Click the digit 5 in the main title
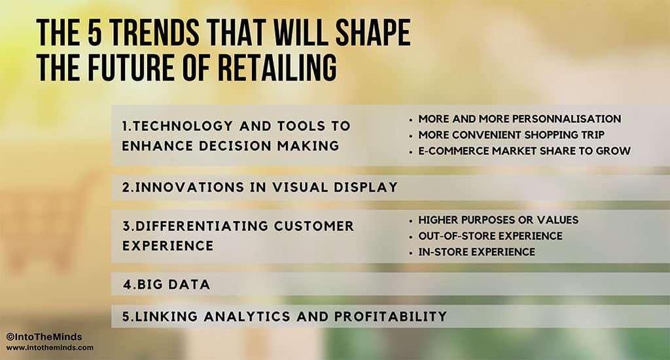(x=95, y=32)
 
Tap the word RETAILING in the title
(x=277, y=67)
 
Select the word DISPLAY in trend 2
(x=366, y=187)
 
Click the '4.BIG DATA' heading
(x=167, y=284)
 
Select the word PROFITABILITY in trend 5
(x=391, y=316)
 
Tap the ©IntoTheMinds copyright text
(x=44, y=337)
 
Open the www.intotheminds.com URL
(x=50, y=348)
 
